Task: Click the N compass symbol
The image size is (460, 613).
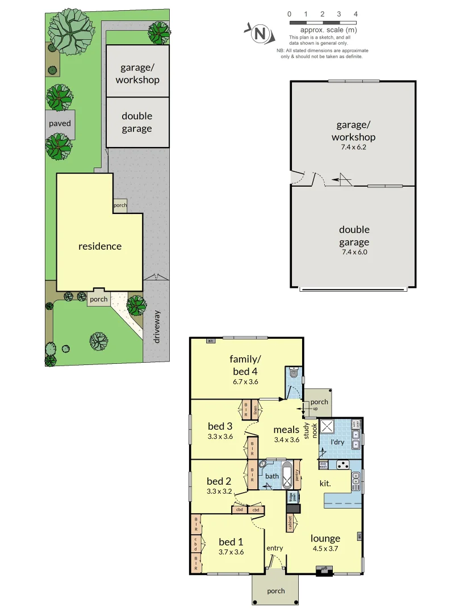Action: (260, 33)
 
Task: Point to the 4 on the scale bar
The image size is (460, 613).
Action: (355, 14)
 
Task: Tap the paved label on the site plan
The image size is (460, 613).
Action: (60, 123)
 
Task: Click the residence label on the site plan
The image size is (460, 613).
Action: (100, 246)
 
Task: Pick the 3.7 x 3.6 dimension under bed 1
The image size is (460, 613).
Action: (231, 551)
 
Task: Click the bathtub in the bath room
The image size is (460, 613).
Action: (287, 476)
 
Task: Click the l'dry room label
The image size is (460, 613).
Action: (338, 442)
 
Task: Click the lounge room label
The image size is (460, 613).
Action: (325, 538)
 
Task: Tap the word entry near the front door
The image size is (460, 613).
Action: (274, 548)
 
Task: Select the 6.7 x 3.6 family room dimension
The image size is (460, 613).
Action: (245, 381)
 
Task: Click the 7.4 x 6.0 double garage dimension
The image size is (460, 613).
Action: (354, 252)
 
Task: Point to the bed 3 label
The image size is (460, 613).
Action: (220, 426)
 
